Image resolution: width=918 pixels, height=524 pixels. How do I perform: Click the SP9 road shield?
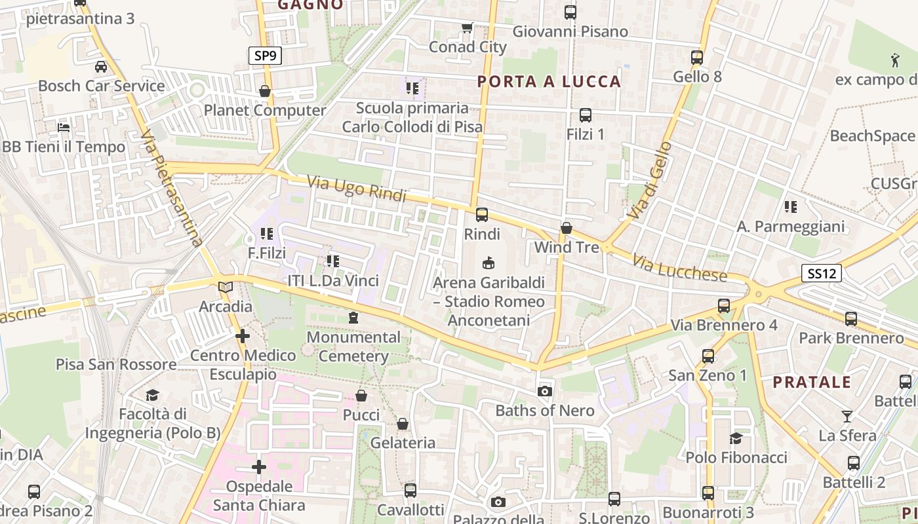pos(265,56)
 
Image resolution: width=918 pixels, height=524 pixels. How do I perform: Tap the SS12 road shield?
pos(821,273)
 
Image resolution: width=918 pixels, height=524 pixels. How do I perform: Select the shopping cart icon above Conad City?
pos(467,28)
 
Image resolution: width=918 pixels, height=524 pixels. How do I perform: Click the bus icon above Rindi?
pos(482,214)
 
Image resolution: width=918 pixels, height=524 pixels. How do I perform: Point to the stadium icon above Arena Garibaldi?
pos(488,263)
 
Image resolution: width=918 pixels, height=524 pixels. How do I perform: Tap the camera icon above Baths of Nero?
pos(544,392)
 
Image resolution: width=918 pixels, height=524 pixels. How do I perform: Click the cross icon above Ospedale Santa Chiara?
pos(259,467)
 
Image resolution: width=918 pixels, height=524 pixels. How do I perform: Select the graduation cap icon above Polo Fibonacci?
pos(736,438)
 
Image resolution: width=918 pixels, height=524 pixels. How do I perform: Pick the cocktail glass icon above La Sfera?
pos(847,416)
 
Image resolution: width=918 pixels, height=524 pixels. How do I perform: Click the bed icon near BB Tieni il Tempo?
pos(64,127)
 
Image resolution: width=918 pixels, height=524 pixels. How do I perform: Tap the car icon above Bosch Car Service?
pos(101,66)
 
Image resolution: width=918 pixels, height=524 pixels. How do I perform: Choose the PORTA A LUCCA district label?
pos(549,82)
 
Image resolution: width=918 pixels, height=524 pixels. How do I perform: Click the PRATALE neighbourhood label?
pos(812,383)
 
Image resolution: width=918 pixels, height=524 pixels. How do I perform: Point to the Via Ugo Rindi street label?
pos(357,187)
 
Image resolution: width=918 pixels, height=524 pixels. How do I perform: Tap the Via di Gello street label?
pos(649,179)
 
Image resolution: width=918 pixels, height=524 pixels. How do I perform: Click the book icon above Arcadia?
pos(226,287)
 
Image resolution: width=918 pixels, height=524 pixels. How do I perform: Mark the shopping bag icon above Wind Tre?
pos(567,228)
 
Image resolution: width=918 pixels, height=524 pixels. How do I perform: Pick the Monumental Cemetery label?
pos(353,346)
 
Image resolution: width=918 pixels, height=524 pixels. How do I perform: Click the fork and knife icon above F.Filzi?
pos(266,233)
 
